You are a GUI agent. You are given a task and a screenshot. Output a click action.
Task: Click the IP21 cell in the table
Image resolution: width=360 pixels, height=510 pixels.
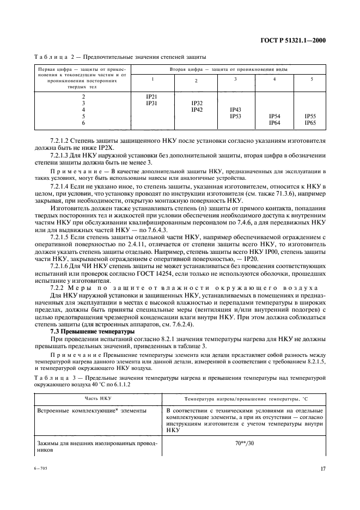point(152,96)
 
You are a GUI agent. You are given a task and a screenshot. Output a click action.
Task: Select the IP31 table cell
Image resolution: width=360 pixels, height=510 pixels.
point(152,103)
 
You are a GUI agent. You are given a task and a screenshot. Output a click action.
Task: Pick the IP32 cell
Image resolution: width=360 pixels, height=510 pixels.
point(197,103)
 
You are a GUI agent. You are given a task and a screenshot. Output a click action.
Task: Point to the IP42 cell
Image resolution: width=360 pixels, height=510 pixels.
point(197,110)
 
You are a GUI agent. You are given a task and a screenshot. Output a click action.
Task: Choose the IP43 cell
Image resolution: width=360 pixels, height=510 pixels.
point(235,110)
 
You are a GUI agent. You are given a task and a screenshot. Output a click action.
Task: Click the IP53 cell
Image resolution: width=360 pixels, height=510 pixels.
point(235,116)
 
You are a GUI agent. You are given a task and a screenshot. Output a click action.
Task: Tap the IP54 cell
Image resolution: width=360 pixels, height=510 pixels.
point(274,117)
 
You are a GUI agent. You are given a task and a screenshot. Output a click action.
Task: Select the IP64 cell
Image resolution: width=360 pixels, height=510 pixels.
point(274,123)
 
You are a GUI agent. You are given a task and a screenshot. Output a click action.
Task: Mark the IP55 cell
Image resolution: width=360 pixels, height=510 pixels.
point(310,117)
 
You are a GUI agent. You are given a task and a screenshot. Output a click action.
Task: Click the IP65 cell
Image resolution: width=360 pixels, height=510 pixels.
point(310,123)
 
